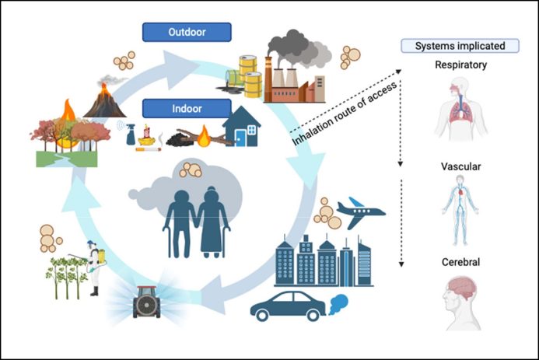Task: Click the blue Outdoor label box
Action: [x=187, y=33]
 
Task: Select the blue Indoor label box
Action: [x=187, y=107]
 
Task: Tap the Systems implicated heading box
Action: [x=459, y=46]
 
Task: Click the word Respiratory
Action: [x=460, y=65]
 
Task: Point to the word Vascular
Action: [x=460, y=166]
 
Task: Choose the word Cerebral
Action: [x=459, y=263]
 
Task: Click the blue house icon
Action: [x=242, y=126]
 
